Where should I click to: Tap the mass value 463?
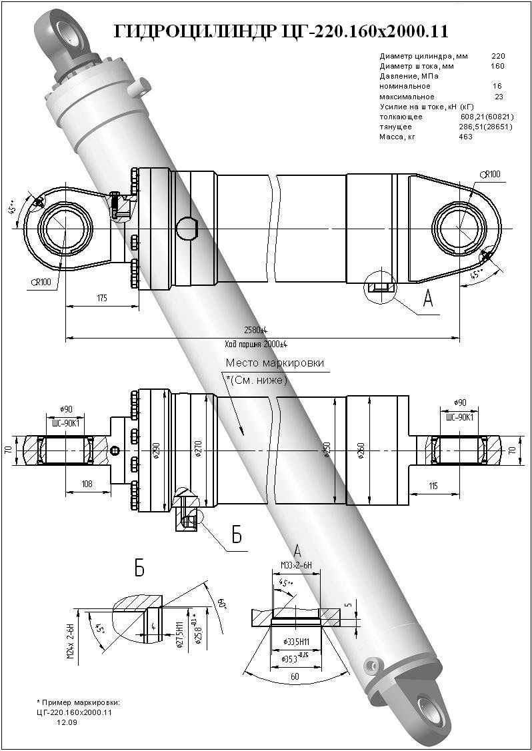tap(465, 137)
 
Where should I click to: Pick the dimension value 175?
tap(101, 299)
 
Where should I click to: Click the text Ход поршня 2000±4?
tap(256, 344)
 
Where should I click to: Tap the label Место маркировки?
tap(275, 363)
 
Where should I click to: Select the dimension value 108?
tap(87, 484)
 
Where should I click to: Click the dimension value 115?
tap(433, 486)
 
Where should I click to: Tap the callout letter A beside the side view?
tap(428, 301)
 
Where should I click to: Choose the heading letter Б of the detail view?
tap(140, 568)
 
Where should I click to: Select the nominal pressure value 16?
tap(497, 87)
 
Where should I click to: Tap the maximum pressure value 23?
tap(498, 97)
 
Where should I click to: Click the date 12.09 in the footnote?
tap(66, 722)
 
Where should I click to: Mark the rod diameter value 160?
tap(497, 66)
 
